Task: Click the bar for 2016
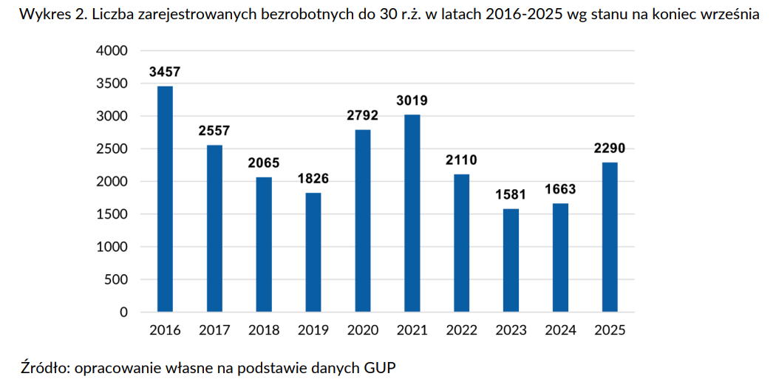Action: coord(165,199)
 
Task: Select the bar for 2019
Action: coord(313,253)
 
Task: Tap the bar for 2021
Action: coord(412,214)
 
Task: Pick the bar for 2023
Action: coord(511,261)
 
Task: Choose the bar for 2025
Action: coord(610,237)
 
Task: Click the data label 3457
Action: coord(165,72)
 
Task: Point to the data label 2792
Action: coord(363,116)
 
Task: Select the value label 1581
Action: coord(511,195)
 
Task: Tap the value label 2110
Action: coord(462,160)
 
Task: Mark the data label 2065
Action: coord(264,163)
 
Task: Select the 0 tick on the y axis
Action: coord(123,313)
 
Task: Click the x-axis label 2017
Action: coord(214,330)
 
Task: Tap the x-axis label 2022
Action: coord(462,330)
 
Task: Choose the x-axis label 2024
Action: coord(560,330)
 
